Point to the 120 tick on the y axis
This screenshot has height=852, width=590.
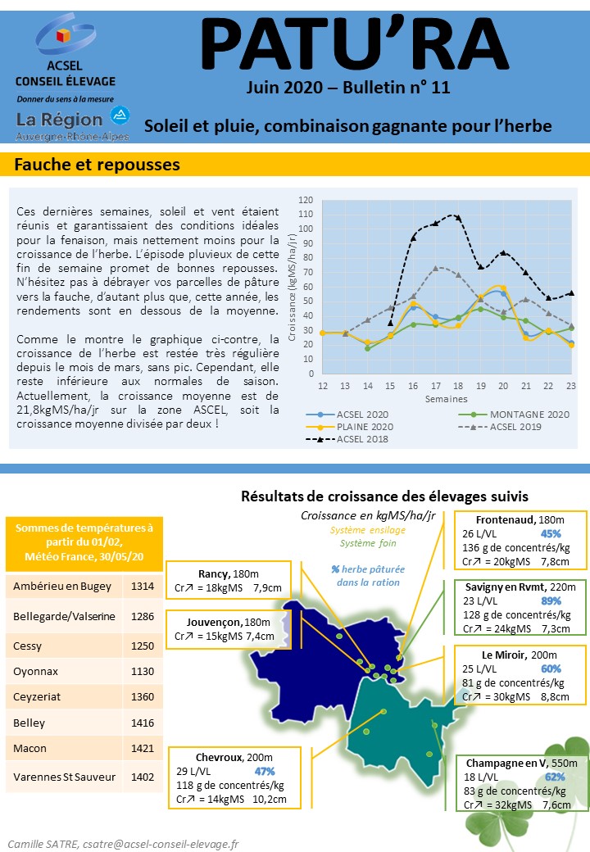coord(306,200)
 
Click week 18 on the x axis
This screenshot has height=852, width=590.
coord(458,386)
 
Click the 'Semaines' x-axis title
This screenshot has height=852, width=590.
coord(446,399)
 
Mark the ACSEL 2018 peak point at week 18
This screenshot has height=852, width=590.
coord(458,217)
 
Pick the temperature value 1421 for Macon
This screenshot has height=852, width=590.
coord(143,748)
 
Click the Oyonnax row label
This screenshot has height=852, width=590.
coord(35,671)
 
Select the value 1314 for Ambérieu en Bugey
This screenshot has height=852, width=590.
coord(143,586)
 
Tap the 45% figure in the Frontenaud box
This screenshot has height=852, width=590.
coord(551,533)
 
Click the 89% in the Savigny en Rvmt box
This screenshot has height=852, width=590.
coord(551,601)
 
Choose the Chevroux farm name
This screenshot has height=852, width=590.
coord(219,757)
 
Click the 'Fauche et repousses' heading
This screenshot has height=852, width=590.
coord(98,165)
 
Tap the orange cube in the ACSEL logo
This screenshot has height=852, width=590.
coord(64,36)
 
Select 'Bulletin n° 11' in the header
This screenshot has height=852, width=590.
coord(397,88)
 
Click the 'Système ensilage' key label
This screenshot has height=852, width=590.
coord(368,530)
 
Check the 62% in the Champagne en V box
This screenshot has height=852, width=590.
coord(555,777)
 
